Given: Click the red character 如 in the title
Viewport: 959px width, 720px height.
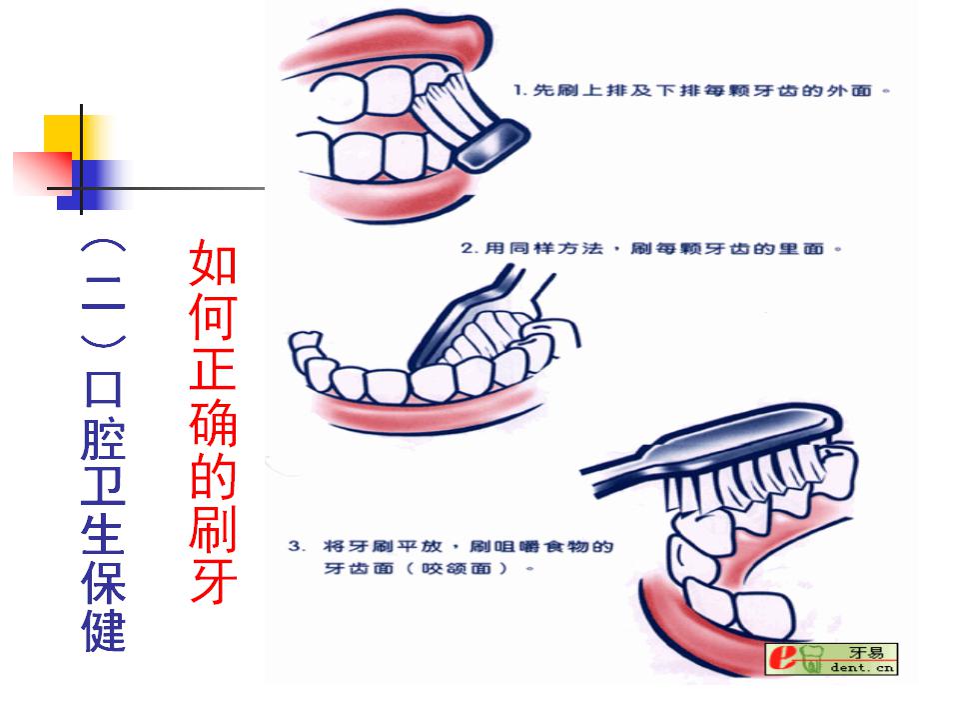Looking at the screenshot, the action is pos(213,263).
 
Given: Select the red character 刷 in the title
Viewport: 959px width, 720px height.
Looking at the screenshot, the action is pos(213,527).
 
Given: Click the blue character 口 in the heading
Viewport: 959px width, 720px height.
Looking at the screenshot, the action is pos(103,388).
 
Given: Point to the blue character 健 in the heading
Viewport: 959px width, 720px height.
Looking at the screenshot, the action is pos(103,629).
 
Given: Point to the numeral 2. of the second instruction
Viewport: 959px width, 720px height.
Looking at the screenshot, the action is pos(470,249).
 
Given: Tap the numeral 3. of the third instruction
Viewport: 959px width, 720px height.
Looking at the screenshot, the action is pos(297,546).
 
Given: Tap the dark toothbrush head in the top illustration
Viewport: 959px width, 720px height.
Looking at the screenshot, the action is pos(492,145).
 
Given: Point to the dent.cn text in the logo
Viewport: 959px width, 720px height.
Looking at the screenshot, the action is pos(862,667).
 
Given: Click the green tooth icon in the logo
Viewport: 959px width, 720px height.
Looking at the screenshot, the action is pos(811,659).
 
